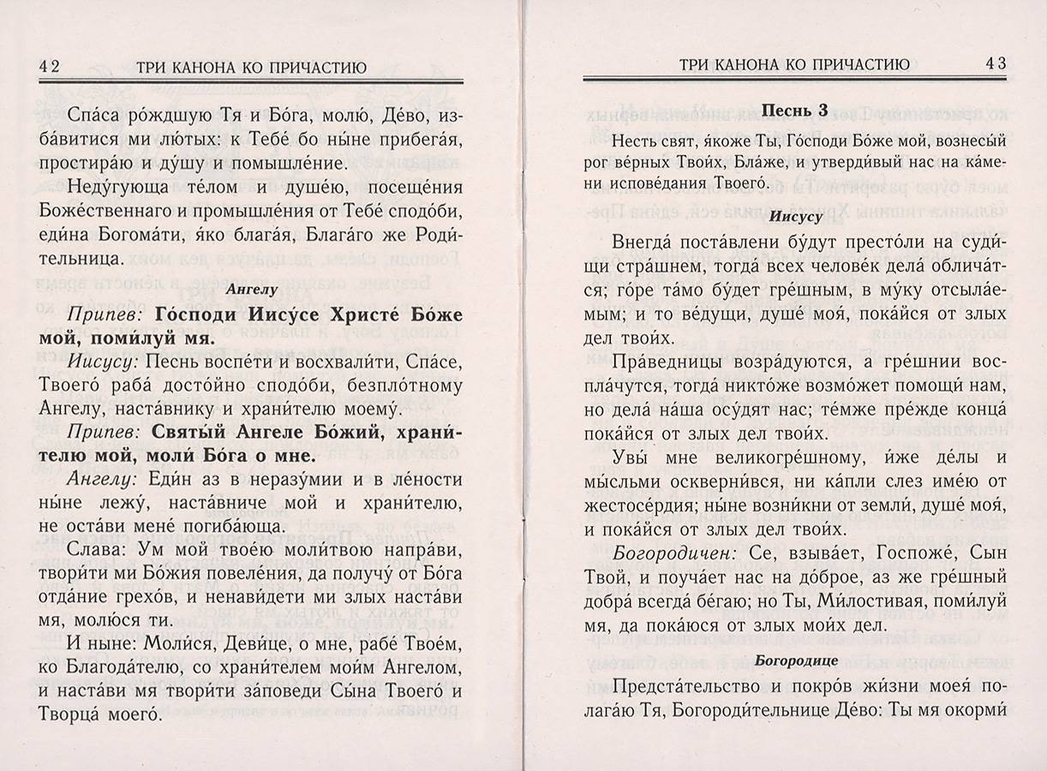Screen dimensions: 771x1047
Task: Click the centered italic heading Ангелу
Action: (251, 290)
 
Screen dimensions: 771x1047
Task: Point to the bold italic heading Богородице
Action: (793, 660)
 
